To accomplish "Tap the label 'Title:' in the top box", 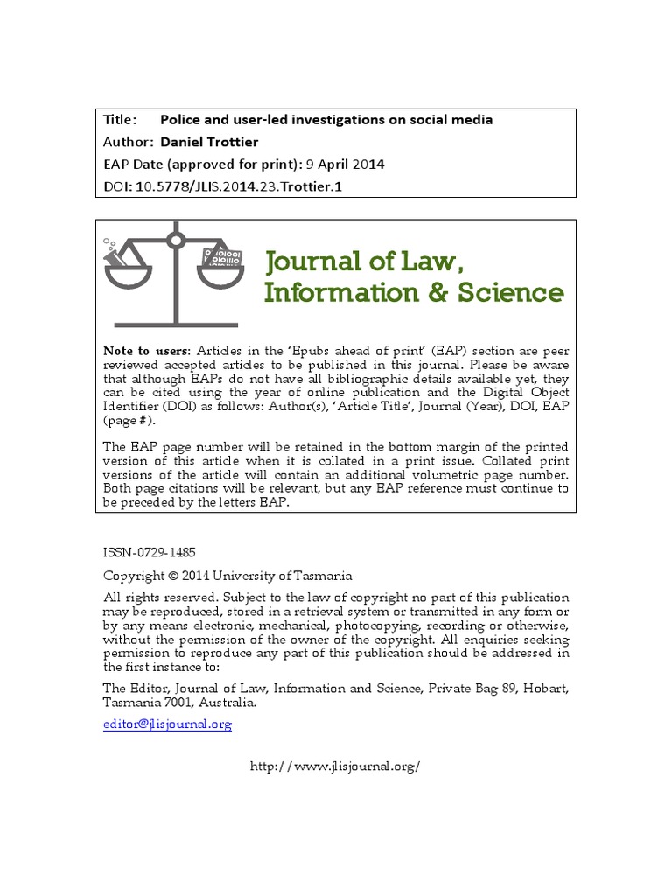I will point(120,120).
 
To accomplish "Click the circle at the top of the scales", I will point(175,238).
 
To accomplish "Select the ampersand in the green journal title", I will point(437,292).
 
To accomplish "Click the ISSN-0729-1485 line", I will point(149,553).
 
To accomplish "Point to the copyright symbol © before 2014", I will point(172,576).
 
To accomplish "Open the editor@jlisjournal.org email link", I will point(167,724).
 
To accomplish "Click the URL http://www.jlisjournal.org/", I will point(335,766).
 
